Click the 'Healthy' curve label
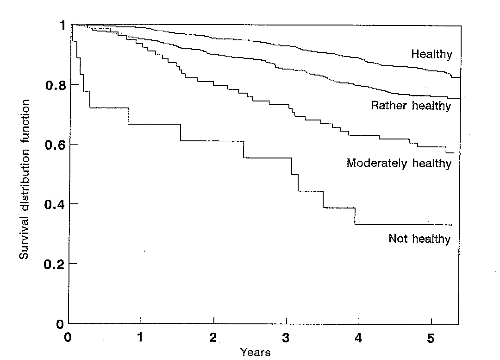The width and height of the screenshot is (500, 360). click(431, 54)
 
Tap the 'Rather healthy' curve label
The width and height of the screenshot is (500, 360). click(411, 106)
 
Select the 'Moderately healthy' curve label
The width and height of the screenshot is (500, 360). click(399, 164)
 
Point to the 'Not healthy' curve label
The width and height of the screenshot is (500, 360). click(419, 239)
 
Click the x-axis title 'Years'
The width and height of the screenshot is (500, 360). click(255, 353)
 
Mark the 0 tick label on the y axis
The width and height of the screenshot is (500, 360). click(60, 323)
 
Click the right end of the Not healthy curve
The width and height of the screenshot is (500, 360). click(451, 225)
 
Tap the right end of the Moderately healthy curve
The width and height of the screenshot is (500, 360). click(453, 153)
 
